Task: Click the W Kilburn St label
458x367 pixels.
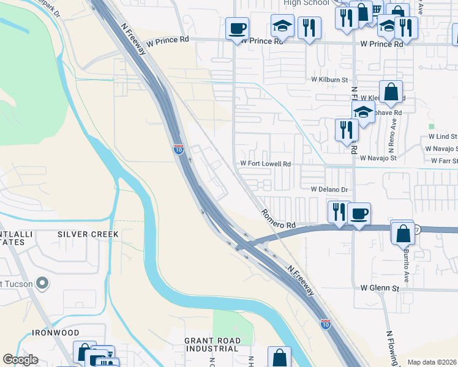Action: click(x=328, y=80)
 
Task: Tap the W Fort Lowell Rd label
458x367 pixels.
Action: click(x=265, y=164)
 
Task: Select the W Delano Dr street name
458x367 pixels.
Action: click(x=329, y=190)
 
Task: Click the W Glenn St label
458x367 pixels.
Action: click(x=380, y=287)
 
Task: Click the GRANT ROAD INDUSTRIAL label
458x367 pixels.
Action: click(x=211, y=344)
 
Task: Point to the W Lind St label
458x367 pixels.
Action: click(x=443, y=138)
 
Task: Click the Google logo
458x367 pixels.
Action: click(x=20, y=360)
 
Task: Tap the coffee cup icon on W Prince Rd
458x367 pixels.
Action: click(x=237, y=28)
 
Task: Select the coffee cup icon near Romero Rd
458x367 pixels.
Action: click(x=359, y=213)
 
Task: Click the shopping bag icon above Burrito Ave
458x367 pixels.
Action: click(x=403, y=233)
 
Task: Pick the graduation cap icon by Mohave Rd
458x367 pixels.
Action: click(x=363, y=112)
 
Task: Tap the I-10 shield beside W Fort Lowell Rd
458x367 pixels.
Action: click(x=178, y=149)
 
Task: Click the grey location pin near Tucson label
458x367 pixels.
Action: click(x=42, y=283)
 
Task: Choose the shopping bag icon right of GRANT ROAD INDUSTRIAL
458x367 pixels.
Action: click(x=279, y=357)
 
